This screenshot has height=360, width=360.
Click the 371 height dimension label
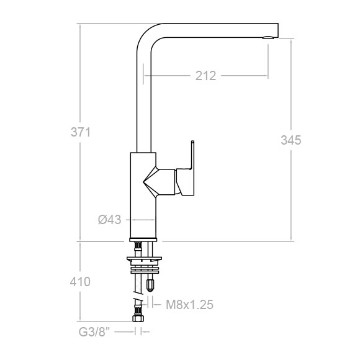(x=81, y=132)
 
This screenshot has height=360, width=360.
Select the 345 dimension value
(x=291, y=140)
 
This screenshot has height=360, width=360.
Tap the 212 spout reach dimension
(x=205, y=76)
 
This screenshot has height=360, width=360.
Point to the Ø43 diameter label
(x=109, y=220)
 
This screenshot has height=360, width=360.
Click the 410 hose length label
(x=80, y=282)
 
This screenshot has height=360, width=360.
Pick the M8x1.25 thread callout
(x=190, y=305)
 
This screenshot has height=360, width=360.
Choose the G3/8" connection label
(x=94, y=332)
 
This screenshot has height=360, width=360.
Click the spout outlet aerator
(x=268, y=37)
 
